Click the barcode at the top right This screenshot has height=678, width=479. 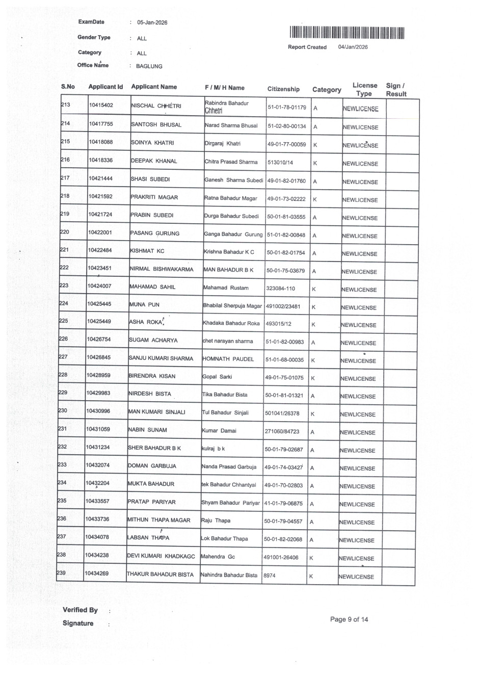(x=347, y=33)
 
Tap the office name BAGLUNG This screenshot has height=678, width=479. (x=149, y=66)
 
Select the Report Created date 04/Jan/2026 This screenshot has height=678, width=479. (x=353, y=47)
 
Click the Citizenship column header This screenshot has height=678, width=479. (x=283, y=89)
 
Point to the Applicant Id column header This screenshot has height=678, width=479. (x=105, y=87)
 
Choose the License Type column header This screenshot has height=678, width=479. (x=365, y=89)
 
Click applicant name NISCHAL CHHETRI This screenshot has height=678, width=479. (x=156, y=106)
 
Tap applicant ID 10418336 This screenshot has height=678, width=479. (x=101, y=161)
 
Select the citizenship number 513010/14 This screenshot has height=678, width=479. (x=280, y=163)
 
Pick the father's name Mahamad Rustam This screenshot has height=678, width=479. (x=226, y=288)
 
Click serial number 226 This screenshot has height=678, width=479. (x=63, y=339)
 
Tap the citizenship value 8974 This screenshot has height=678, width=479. (x=269, y=576)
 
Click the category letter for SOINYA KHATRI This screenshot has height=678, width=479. (x=315, y=145)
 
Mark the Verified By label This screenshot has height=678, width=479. (x=80, y=610)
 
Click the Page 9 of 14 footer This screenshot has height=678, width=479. (x=349, y=620)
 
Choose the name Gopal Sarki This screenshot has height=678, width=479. (x=217, y=377)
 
